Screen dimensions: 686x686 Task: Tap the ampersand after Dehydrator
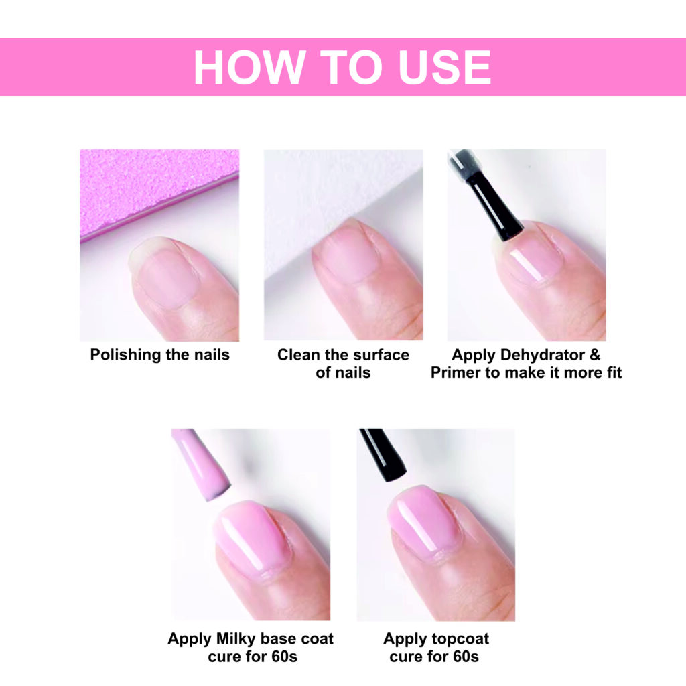pyautogui.click(x=595, y=355)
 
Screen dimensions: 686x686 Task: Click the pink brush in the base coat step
pyautogui.click(x=200, y=464)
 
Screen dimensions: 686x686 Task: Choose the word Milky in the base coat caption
pyautogui.click(x=236, y=639)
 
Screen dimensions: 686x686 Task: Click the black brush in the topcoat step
pyautogui.click(x=383, y=455)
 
